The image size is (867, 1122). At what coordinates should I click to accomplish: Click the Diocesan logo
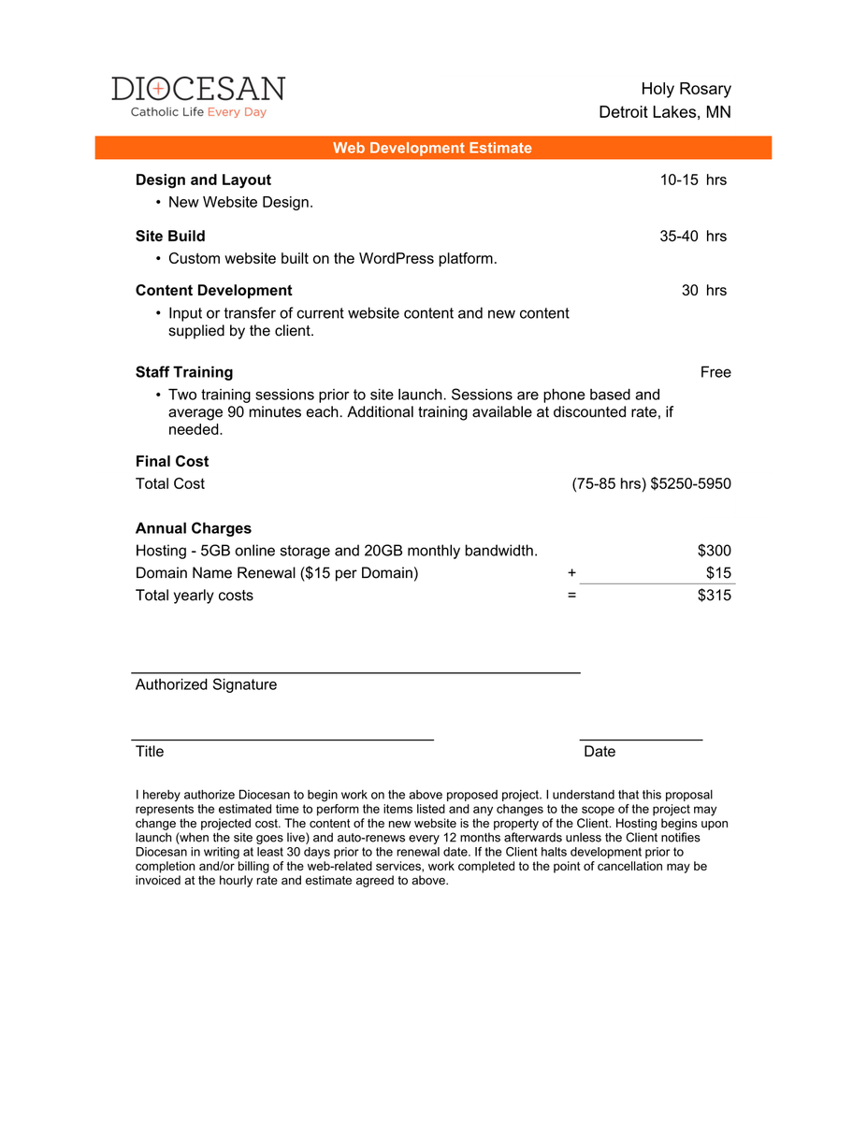click(198, 96)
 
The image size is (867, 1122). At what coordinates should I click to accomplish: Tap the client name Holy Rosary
click(686, 89)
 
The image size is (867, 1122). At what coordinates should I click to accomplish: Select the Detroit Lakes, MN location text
click(665, 112)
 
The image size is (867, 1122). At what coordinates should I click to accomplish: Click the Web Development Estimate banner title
click(432, 148)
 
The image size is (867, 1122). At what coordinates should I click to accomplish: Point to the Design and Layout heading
click(203, 180)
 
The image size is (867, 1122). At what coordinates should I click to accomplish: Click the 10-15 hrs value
click(693, 180)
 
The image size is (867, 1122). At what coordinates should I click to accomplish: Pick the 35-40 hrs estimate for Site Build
click(693, 236)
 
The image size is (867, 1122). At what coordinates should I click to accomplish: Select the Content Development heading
click(213, 290)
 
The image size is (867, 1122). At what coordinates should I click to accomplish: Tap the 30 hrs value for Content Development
click(703, 290)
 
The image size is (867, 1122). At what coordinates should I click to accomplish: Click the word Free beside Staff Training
click(715, 372)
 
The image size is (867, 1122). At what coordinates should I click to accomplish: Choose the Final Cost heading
click(172, 461)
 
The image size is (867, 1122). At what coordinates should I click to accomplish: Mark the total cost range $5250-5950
click(690, 483)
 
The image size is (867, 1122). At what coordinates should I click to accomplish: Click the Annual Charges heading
click(194, 528)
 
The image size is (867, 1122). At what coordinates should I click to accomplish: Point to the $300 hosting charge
click(715, 551)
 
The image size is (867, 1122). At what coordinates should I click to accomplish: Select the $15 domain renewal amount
click(718, 573)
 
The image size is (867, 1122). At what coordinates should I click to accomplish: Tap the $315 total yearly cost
click(715, 596)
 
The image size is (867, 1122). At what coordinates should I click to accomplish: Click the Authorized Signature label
click(206, 684)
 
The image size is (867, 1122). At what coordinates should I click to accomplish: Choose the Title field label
click(150, 752)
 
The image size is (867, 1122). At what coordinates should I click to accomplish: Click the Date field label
click(600, 752)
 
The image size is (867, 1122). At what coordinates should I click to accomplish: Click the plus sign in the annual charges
click(571, 573)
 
